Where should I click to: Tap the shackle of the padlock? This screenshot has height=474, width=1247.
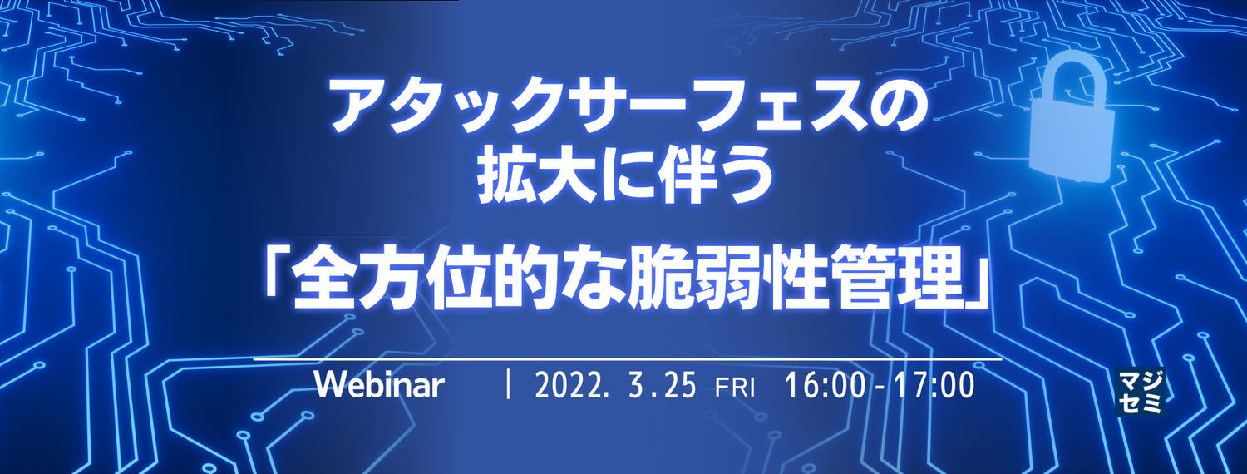(x=1072, y=78)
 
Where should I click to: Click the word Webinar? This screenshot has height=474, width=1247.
(x=380, y=384)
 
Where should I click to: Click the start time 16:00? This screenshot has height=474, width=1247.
(x=825, y=385)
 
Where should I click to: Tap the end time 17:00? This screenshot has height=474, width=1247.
(x=934, y=385)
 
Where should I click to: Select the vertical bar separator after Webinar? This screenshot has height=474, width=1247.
(x=508, y=385)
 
